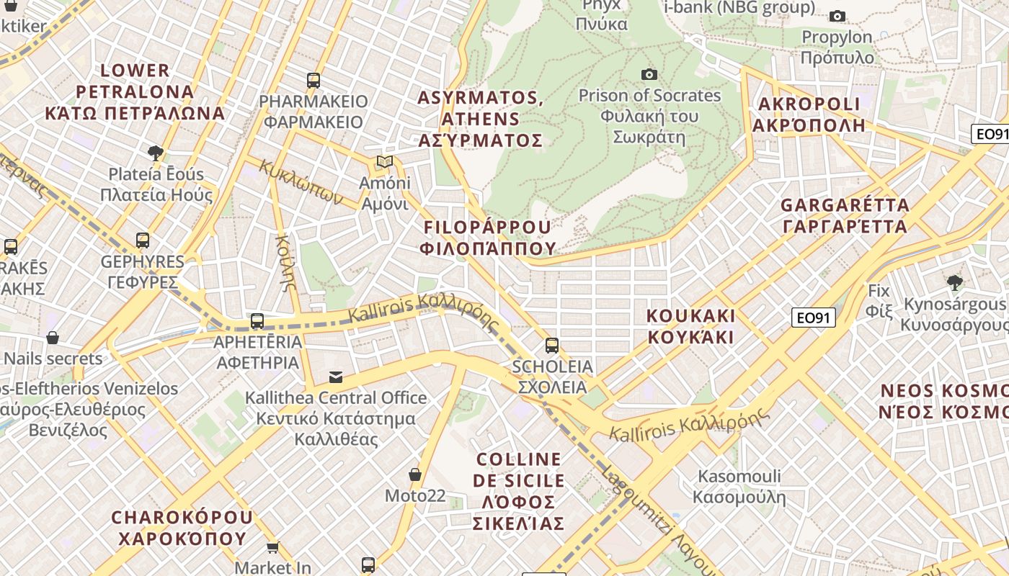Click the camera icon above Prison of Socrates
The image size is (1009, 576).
click(649, 74)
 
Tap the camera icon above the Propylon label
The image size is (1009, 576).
click(837, 16)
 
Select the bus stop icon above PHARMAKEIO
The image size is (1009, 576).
click(313, 80)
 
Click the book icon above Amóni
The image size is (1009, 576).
click(385, 162)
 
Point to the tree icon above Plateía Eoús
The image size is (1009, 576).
click(155, 153)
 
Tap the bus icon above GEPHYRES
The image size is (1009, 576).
click(143, 240)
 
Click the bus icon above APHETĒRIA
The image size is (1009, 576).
click(257, 321)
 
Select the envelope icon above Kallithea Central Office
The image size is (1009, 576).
click(336, 377)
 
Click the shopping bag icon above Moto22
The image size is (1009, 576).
click(415, 474)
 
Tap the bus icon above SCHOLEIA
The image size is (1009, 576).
click(551, 346)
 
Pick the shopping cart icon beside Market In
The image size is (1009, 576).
click(272, 548)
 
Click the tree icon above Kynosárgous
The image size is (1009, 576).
click(955, 282)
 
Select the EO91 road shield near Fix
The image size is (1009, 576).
click(813, 318)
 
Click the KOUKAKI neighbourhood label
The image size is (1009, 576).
click(690, 326)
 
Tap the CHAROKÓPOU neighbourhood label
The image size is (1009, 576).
click(182, 528)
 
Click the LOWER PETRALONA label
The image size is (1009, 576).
click(135, 91)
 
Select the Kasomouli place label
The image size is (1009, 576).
click(739, 487)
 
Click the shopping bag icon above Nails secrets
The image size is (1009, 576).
click(53, 338)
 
